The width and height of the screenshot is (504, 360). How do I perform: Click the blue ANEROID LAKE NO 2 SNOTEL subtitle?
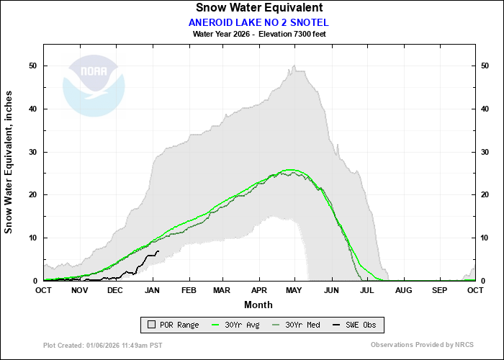coord(258,22)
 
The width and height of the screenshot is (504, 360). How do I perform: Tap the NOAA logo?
coord(94,86)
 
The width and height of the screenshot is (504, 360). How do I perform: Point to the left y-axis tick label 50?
coord(33,66)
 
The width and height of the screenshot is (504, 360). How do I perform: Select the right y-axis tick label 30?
coord(486,152)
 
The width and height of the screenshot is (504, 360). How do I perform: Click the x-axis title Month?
coord(257,305)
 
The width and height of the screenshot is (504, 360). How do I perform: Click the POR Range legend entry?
coord(172,325)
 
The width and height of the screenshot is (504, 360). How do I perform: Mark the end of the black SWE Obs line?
coord(158,251)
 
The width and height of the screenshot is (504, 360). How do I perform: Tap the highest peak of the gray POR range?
coord(294,66)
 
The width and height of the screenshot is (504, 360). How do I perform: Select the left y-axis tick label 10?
coord(33,238)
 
